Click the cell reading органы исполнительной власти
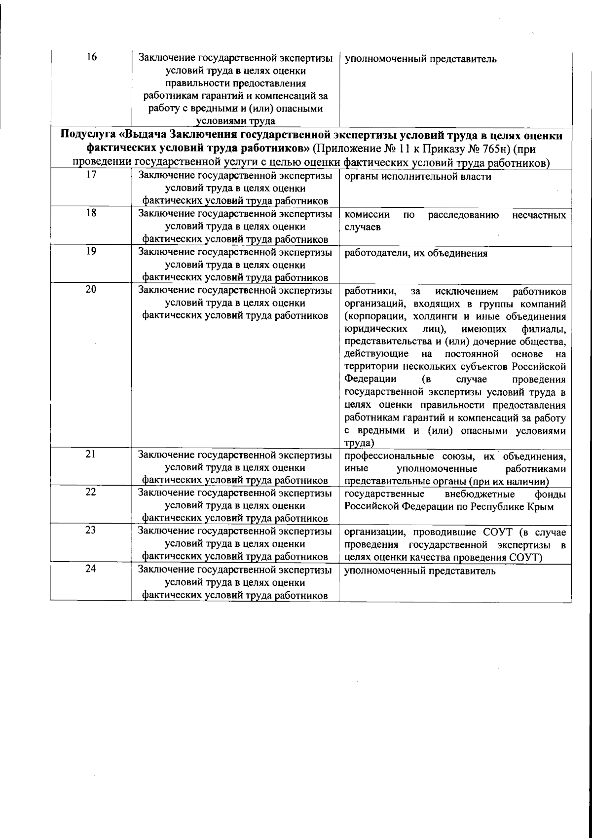[x=417, y=177]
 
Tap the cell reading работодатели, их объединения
[x=415, y=254]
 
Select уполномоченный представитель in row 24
[x=420, y=571]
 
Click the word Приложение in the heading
[x=348, y=149]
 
